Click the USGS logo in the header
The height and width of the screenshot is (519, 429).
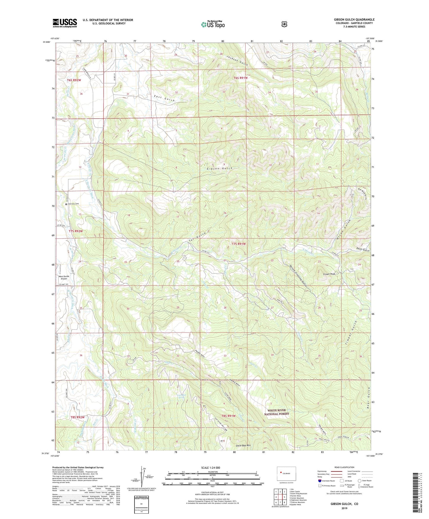pos(65,23)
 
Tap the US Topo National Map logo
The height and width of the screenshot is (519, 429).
pos(213,24)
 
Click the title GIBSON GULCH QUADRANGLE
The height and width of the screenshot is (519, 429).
pos(354,20)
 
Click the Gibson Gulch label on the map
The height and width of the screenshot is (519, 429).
pos(219,168)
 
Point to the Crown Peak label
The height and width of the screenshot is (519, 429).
pos(329,274)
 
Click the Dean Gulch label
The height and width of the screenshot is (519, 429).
pos(361,250)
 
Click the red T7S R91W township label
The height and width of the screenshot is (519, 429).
pos(239,244)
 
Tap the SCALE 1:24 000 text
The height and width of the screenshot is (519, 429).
pos(210,468)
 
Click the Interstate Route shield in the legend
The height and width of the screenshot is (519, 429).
pos(320,481)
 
